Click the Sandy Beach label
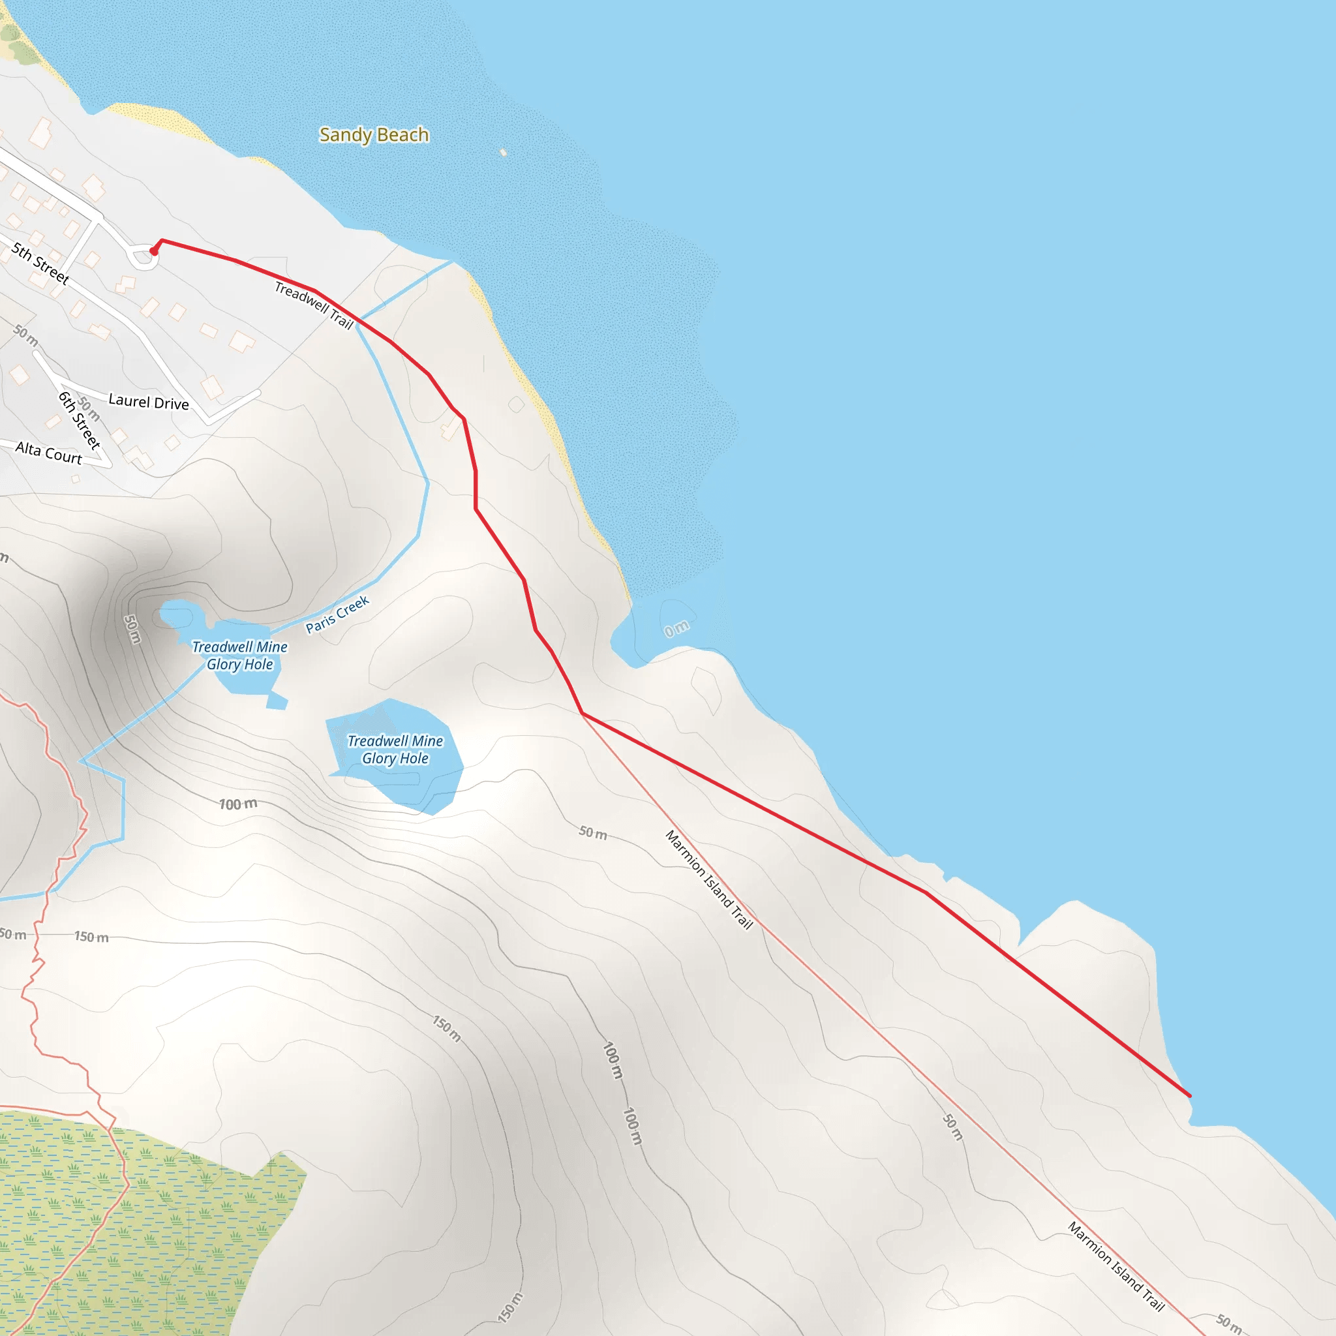pos(373,134)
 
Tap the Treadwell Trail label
pos(314,305)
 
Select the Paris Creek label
pos(337,614)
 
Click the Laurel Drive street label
pos(149,402)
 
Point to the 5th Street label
pos(40,264)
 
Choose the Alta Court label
pos(48,452)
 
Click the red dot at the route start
pos(153,252)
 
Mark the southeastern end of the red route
pos(1189,1096)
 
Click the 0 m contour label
pos(676,628)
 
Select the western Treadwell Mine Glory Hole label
pos(239,655)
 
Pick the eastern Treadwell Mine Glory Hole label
pos(395,750)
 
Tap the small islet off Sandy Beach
pos(504,152)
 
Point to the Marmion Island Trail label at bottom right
pos(1116,1266)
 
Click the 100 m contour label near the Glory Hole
pos(238,804)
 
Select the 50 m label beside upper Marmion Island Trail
pos(592,832)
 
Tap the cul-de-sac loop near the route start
pos(143,256)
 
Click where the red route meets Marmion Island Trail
pos(583,714)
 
